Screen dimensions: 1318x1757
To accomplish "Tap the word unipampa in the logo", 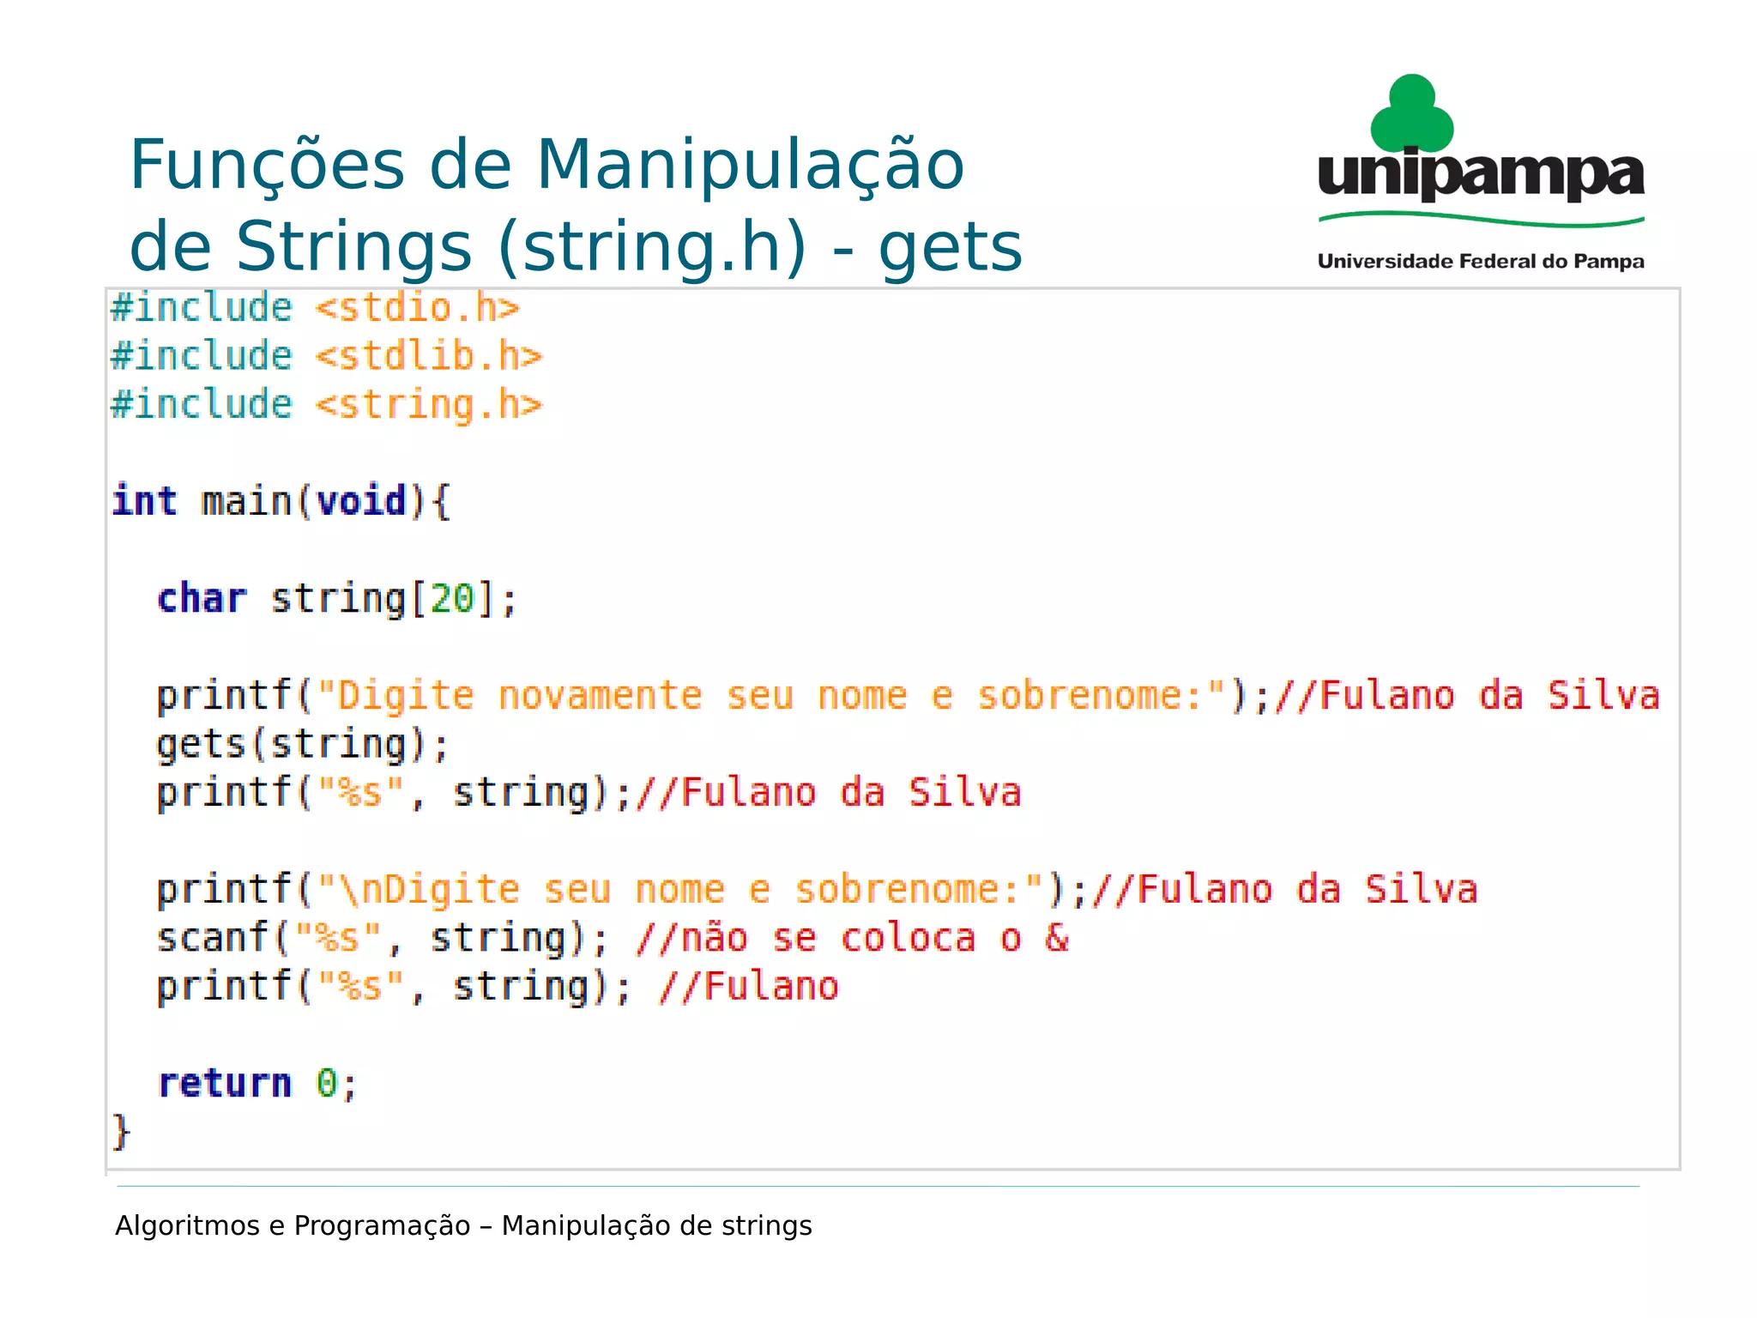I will (1481, 176).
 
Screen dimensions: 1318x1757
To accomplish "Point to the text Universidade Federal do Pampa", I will (1481, 262).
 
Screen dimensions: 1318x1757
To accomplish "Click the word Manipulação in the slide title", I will (750, 166).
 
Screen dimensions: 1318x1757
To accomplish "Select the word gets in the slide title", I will (950, 247).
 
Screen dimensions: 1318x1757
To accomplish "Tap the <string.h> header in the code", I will (429, 405).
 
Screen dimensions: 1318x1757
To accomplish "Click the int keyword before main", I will (144, 501).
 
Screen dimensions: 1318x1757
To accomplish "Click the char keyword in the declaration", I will (202, 599).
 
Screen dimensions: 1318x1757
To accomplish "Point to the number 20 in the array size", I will (452, 599).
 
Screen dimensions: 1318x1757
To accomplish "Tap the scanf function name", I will (213, 938).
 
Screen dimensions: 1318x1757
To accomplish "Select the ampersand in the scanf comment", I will (1057, 938).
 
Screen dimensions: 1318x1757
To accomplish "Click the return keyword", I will (225, 1083).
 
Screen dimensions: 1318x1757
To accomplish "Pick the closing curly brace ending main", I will (121, 1132).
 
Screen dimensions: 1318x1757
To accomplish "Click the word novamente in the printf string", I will (600, 696).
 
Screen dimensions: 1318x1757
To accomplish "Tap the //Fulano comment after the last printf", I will (748, 987).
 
